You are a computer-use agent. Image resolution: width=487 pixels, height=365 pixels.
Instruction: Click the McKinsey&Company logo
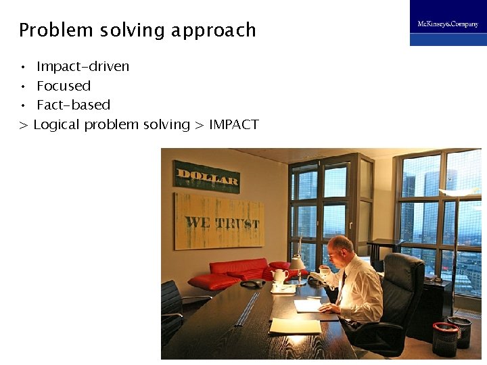pos(447,24)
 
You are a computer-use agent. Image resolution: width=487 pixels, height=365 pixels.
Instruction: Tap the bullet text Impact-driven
pos(83,66)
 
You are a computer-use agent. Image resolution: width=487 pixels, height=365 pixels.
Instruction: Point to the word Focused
pos(64,86)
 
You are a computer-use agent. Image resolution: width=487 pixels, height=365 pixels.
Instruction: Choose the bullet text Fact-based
pos(73,105)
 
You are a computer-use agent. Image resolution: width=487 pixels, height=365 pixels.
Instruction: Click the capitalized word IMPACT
pos(233,124)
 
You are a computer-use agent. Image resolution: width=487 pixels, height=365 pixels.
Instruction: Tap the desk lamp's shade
pos(297,262)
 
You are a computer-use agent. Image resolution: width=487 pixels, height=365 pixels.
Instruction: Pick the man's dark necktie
pos(341,287)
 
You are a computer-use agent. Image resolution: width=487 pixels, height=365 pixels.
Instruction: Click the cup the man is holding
pos(324,270)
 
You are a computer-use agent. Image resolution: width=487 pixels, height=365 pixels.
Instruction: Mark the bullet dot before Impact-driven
pos(22,67)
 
